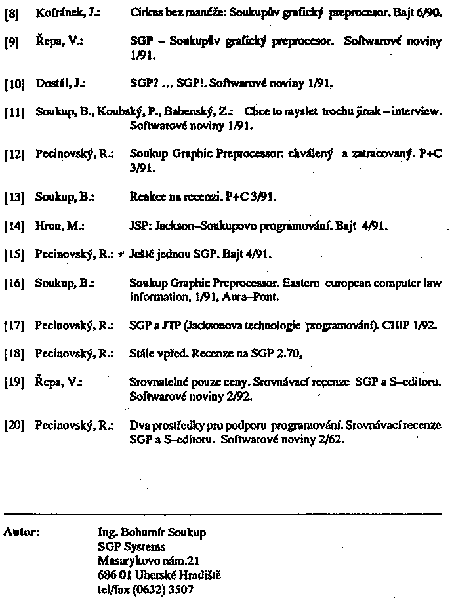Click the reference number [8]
(11, 13)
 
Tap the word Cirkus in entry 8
(144, 12)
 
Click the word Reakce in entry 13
(146, 196)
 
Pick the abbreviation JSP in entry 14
(139, 226)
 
